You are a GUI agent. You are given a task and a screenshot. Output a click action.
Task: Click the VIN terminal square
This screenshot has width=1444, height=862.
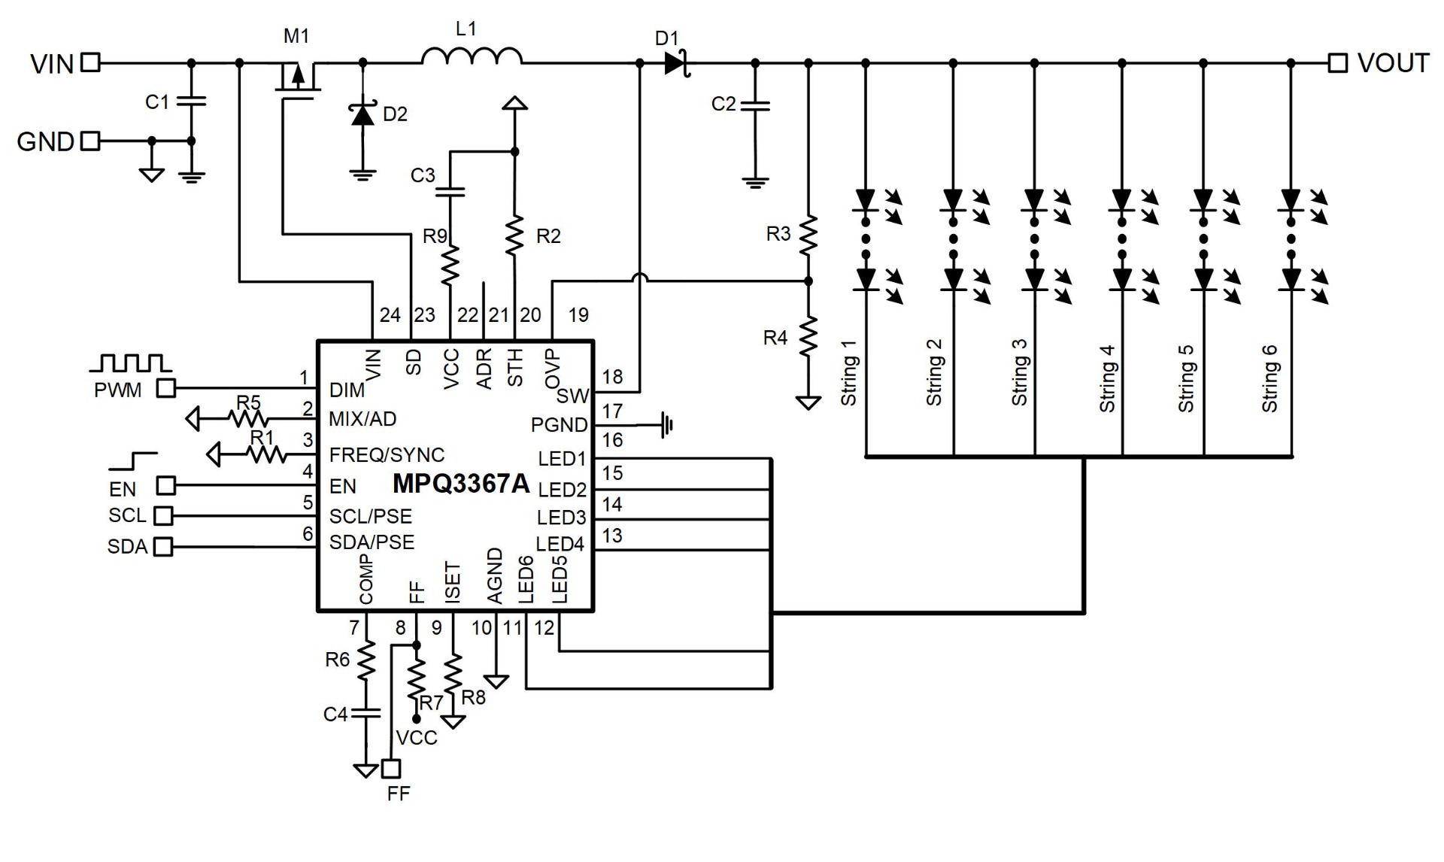click(90, 62)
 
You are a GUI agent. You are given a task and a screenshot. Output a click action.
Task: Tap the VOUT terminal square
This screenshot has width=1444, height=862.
click(1337, 62)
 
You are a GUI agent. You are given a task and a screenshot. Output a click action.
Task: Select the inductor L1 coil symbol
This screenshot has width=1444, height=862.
click(472, 56)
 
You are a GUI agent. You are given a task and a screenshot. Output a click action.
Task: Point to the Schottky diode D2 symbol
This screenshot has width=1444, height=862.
click(363, 115)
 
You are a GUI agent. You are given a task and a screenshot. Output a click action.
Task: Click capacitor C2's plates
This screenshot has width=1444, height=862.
click(755, 105)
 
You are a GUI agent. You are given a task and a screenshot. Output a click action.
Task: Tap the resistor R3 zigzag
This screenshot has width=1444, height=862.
click(808, 235)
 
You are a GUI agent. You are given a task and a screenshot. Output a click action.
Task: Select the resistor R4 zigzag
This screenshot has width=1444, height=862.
click(808, 337)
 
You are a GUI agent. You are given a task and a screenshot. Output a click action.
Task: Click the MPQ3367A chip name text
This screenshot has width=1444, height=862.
click(461, 484)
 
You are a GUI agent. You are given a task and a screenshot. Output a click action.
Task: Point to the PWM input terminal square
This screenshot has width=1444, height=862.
click(165, 388)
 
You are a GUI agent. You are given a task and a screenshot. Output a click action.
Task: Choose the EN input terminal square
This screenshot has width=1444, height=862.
click(165, 485)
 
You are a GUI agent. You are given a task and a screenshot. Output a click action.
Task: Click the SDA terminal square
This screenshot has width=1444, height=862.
click(162, 546)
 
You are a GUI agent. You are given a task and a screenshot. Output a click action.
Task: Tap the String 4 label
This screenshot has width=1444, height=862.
click(1106, 378)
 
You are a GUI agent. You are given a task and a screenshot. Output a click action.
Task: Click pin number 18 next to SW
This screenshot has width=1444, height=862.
click(612, 377)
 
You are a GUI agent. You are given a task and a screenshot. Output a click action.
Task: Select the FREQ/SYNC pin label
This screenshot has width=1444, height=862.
click(387, 454)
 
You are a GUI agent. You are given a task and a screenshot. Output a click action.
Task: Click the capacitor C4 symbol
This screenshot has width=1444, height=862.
click(366, 712)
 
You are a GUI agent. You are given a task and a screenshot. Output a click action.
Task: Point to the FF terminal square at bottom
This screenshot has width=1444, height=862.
click(391, 768)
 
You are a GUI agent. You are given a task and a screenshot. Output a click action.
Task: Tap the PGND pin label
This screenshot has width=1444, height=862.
click(559, 425)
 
